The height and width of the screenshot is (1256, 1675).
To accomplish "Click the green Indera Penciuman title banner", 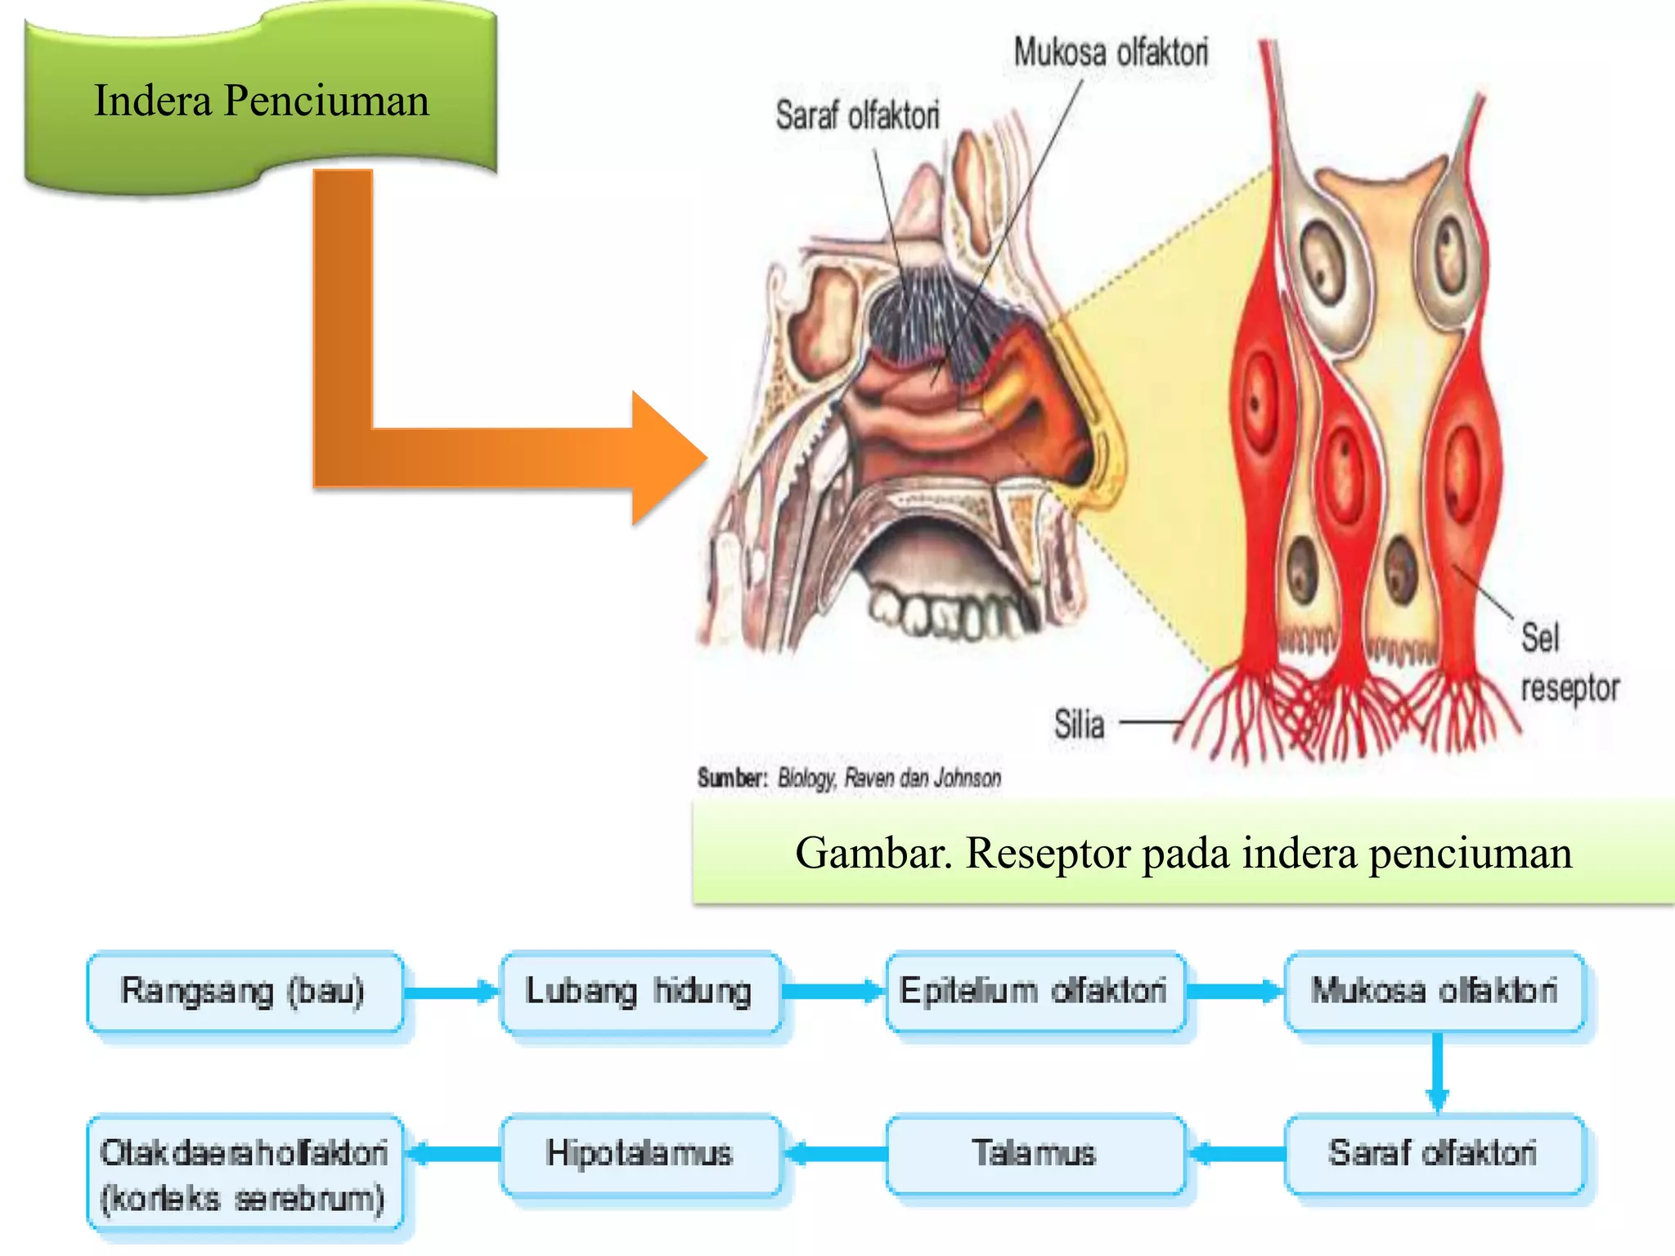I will pos(260,101).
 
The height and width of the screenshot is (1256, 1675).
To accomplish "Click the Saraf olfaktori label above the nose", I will pos(857,115).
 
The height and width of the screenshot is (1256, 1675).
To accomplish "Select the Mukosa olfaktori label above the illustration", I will pos(1111,52).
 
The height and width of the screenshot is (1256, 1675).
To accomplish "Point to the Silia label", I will pos(1079,724).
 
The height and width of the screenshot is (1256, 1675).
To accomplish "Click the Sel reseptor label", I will pos(1566,662).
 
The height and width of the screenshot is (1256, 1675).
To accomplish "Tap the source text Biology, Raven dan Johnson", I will pos(889,778).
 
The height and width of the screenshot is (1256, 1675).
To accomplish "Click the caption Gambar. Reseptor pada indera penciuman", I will pos(1183,853).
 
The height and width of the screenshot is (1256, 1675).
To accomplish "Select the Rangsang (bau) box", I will pos(244,991).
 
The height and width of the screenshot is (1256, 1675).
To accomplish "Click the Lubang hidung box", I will pos(640,991).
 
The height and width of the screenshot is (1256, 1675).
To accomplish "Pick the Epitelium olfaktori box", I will pos(1035,991).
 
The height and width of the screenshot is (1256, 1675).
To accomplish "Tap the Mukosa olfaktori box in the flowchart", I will pos(1435,991).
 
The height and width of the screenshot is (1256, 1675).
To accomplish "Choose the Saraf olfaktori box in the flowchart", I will pos(1435,1153).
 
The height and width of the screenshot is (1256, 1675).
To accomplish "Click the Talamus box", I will pos(1035,1153).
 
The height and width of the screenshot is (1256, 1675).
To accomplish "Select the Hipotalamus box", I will pos(640,1153).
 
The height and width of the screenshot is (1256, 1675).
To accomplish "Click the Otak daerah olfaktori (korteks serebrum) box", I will pos(244,1174).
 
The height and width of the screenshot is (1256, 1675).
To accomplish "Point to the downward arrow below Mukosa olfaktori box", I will pos(1437,1072).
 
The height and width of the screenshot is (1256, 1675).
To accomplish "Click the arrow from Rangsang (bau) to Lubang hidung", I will pos(451,993).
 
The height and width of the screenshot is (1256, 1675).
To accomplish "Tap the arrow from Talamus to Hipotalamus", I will pos(834,1154).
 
